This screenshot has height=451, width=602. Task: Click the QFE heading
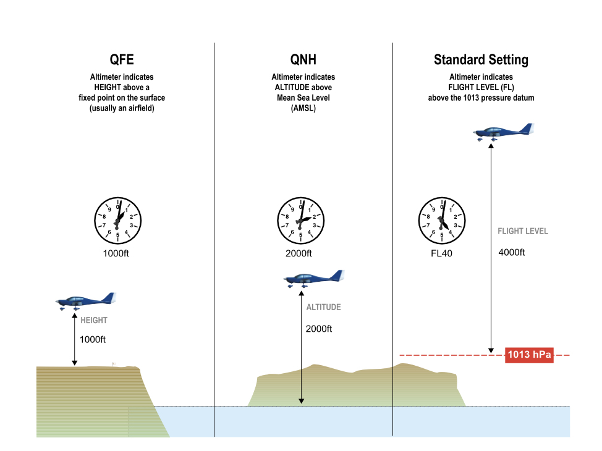pyautogui.click(x=122, y=60)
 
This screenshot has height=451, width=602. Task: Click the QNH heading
pyautogui.click(x=303, y=60)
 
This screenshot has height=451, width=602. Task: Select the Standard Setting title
pyautogui.click(x=481, y=60)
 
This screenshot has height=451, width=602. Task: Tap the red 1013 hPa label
pyautogui.click(x=529, y=355)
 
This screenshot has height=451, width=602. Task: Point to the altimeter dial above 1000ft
pyautogui.click(x=118, y=219)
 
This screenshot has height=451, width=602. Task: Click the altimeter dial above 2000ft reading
pyautogui.click(x=301, y=221)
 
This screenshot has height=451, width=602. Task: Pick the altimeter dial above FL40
pyautogui.click(x=442, y=221)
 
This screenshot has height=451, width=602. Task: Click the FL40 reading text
pyautogui.click(x=442, y=253)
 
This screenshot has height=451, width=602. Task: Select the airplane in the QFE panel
pyautogui.click(x=85, y=301)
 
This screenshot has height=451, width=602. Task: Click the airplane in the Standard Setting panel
pyautogui.click(x=502, y=132)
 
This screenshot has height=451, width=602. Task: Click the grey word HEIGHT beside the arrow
pyautogui.click(x=94, y=321)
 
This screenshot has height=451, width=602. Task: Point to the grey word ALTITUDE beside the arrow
pyautogui.click(x=323, y=307)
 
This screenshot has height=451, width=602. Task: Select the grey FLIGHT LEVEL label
pyautogui.click(x=523, y=232)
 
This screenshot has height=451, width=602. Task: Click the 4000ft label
pyautogui.click(x=511, y=253)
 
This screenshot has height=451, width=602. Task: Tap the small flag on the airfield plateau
pyautogui.click(x=114, y=365)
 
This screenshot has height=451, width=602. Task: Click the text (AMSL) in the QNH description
pyautogui.click(x=303, y=108)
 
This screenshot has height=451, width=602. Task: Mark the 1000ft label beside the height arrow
pyautogui.click(x=93, y=339)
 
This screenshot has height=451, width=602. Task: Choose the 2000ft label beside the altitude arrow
pyautogui.click(x=319, y=329)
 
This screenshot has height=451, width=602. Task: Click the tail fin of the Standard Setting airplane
pyautogui.click(x=527, y=128)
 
